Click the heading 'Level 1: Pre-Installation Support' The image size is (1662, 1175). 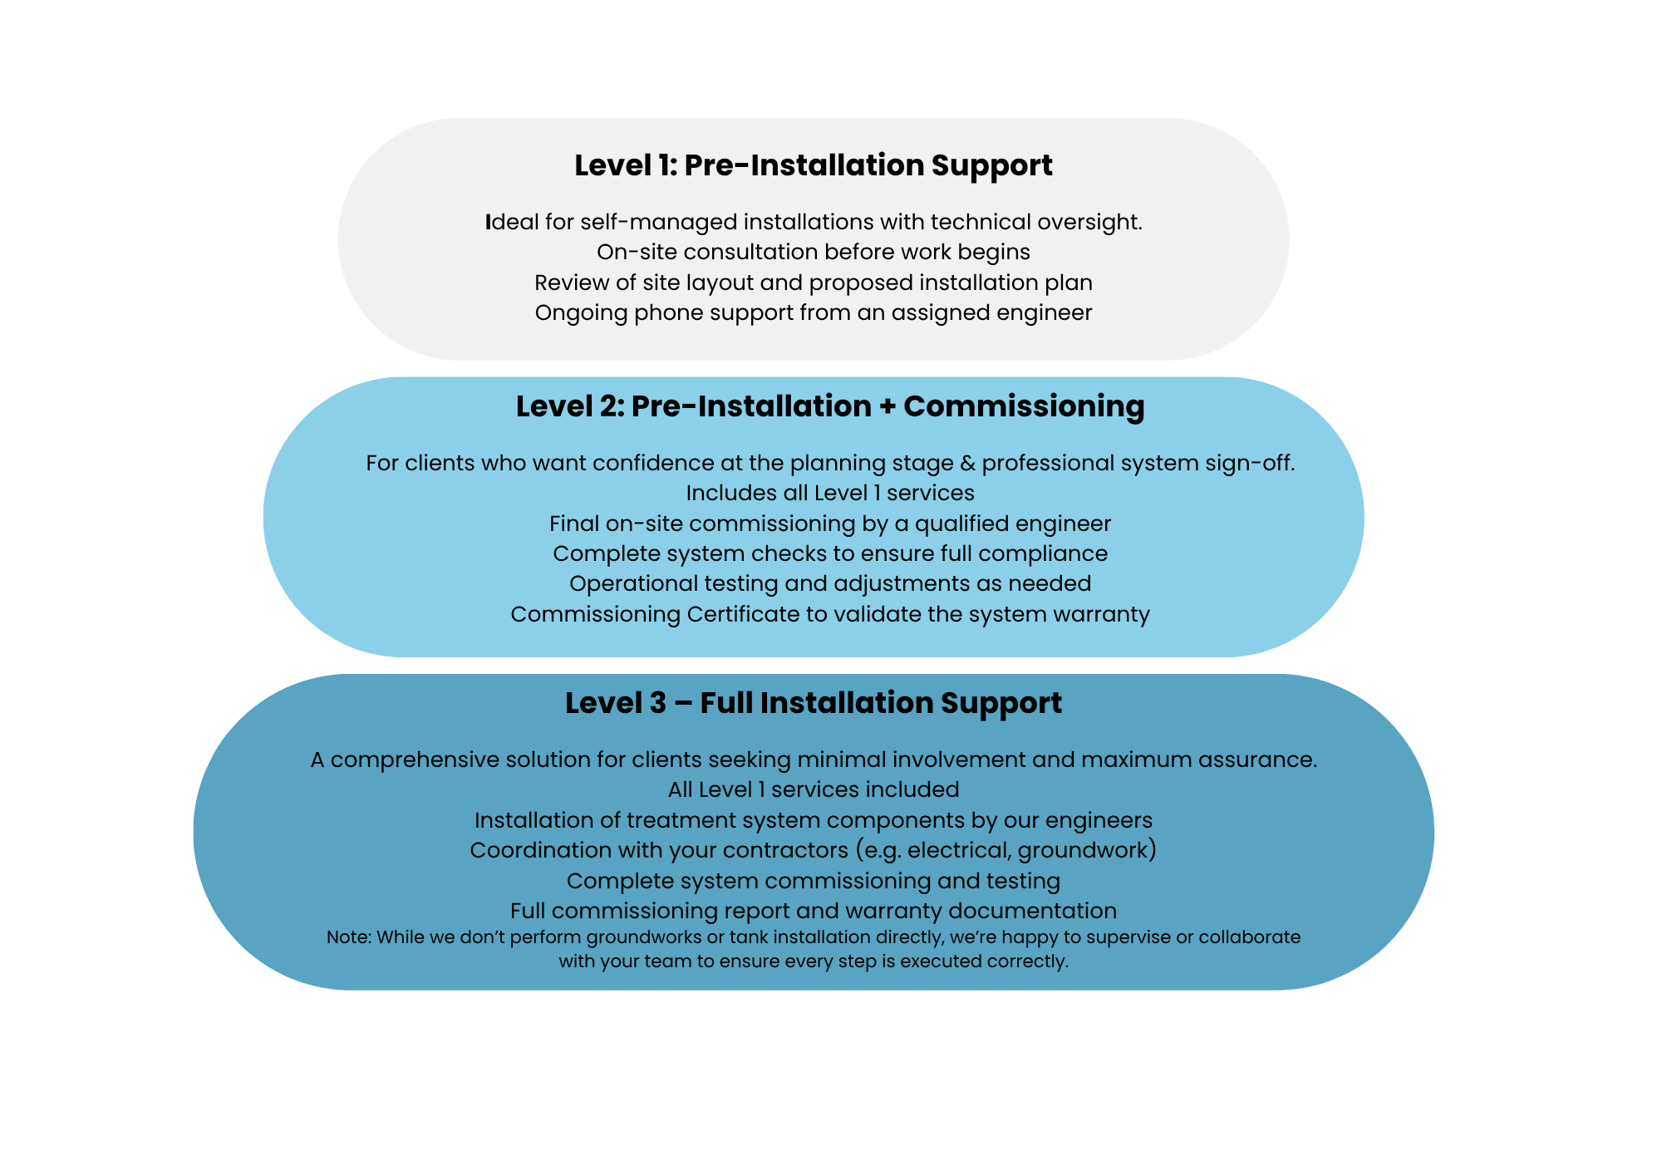(x=814, y=165)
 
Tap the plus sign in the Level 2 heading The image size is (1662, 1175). (x=887, y=407)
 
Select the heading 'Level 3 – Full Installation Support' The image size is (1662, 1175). (x=814, y=703)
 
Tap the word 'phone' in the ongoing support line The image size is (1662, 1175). (x=663, y=313)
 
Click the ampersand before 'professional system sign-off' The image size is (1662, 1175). (x=966, y=463)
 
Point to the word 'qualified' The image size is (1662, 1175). (x=963, y=524)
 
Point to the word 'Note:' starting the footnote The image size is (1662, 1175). (x=349, y=937)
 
